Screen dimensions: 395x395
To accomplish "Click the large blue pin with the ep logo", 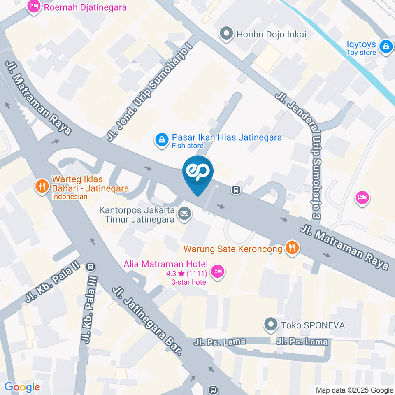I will pyautogui.click(x=198, y=173).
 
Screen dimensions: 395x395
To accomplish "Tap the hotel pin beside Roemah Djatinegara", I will pyautogui.click(x=33, y=7).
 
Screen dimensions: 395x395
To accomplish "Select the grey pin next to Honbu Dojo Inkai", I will pyautogui.click(x=226, y=34).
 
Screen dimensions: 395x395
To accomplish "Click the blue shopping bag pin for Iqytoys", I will pyautogui.click(x=386, y=46).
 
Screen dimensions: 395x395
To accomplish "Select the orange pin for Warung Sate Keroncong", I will pyautogui.click(x=293, y=248).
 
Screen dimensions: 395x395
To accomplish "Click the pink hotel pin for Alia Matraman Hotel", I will pyautogui.click(x=216, y=270).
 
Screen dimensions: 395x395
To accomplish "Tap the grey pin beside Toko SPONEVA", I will pyautogui.click(x=271, y=325).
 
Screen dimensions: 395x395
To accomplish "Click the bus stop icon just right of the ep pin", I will pyautogui.click(x=236, y=190).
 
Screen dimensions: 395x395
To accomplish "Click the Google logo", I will pyautogui.click(x=22, y=387).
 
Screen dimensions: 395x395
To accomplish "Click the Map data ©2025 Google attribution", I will pyautogui.click(x=354, y=390).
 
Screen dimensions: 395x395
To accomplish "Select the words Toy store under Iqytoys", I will pyautogui.click(x=361, y=53).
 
